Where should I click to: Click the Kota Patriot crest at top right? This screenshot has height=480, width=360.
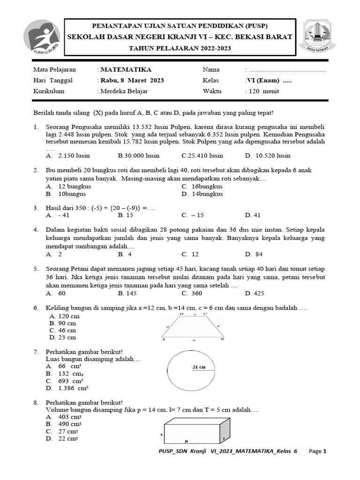320,36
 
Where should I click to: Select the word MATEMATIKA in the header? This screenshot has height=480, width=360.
120,69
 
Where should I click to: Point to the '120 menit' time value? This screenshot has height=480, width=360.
262,91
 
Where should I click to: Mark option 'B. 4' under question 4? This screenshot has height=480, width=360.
125,254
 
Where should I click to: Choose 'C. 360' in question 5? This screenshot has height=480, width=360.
192,293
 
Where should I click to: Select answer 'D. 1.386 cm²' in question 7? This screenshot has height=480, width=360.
67,388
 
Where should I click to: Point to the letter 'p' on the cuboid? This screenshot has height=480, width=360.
186,441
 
